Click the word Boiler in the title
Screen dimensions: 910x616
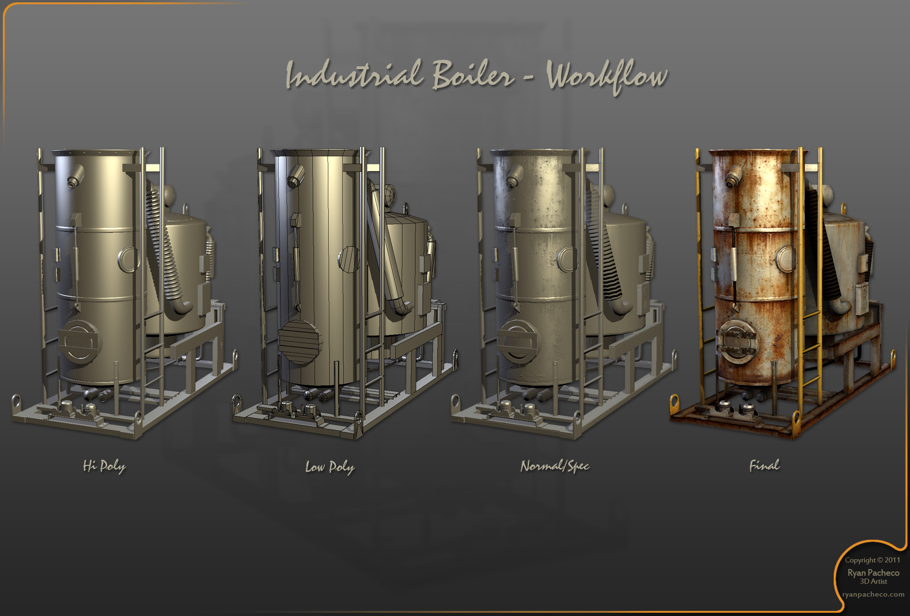point(473,75)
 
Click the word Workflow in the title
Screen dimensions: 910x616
point(607,77)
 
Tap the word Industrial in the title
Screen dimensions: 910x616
point(354,75)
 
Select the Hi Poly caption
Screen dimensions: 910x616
point(104,466)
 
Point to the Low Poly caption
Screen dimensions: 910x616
point(330,467)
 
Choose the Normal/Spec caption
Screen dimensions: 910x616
point(555,466)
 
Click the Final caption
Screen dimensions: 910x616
point(764,465)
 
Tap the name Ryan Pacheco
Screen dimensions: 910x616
point(874,572)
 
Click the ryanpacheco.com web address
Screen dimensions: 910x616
point(874,594)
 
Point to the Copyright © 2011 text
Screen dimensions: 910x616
point(873,560)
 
